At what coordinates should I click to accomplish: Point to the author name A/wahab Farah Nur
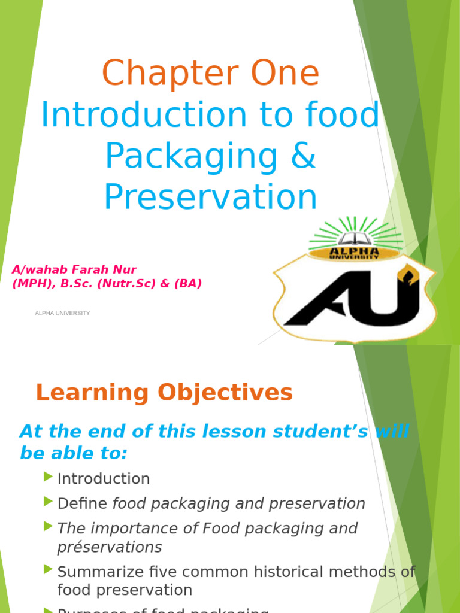(x=69, y=269)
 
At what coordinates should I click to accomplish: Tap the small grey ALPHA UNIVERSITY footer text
(x=62, y=313)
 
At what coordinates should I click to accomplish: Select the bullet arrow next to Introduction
(x=49, y=477)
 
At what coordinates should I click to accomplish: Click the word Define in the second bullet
(x=82, y=504)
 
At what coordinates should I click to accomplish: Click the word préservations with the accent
(x=109, y=547)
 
